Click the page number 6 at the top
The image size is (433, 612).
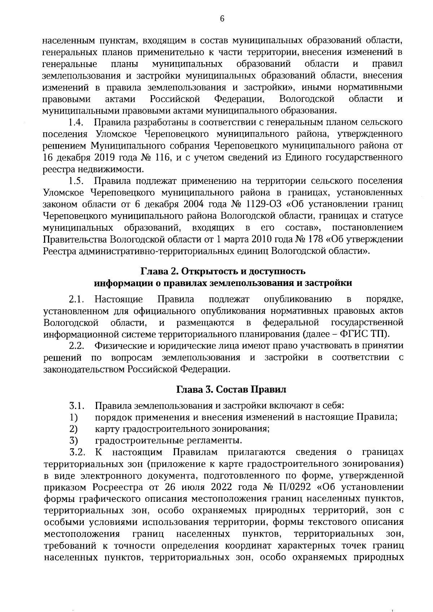(x=222, y=19)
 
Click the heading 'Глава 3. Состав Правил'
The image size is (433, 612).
(x=231, y=389)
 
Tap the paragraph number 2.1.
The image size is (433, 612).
(x=76, y=299)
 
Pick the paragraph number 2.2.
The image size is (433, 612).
(x=76, y=345)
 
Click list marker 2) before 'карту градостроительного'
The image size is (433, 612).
(x=74, y=428)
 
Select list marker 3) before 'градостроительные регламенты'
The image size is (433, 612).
(x=74, y=440)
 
